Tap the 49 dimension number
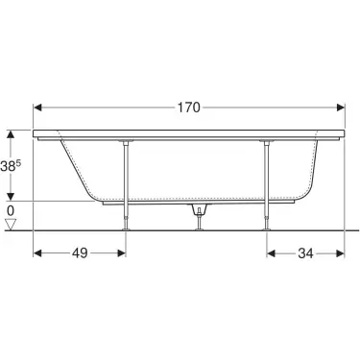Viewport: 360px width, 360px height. point(80,254)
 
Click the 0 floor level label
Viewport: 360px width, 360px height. point(11,210)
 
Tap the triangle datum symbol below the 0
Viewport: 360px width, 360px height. point(11,226)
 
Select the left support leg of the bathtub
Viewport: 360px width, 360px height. point(124,182)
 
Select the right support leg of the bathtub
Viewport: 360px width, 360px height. point(265,182)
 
